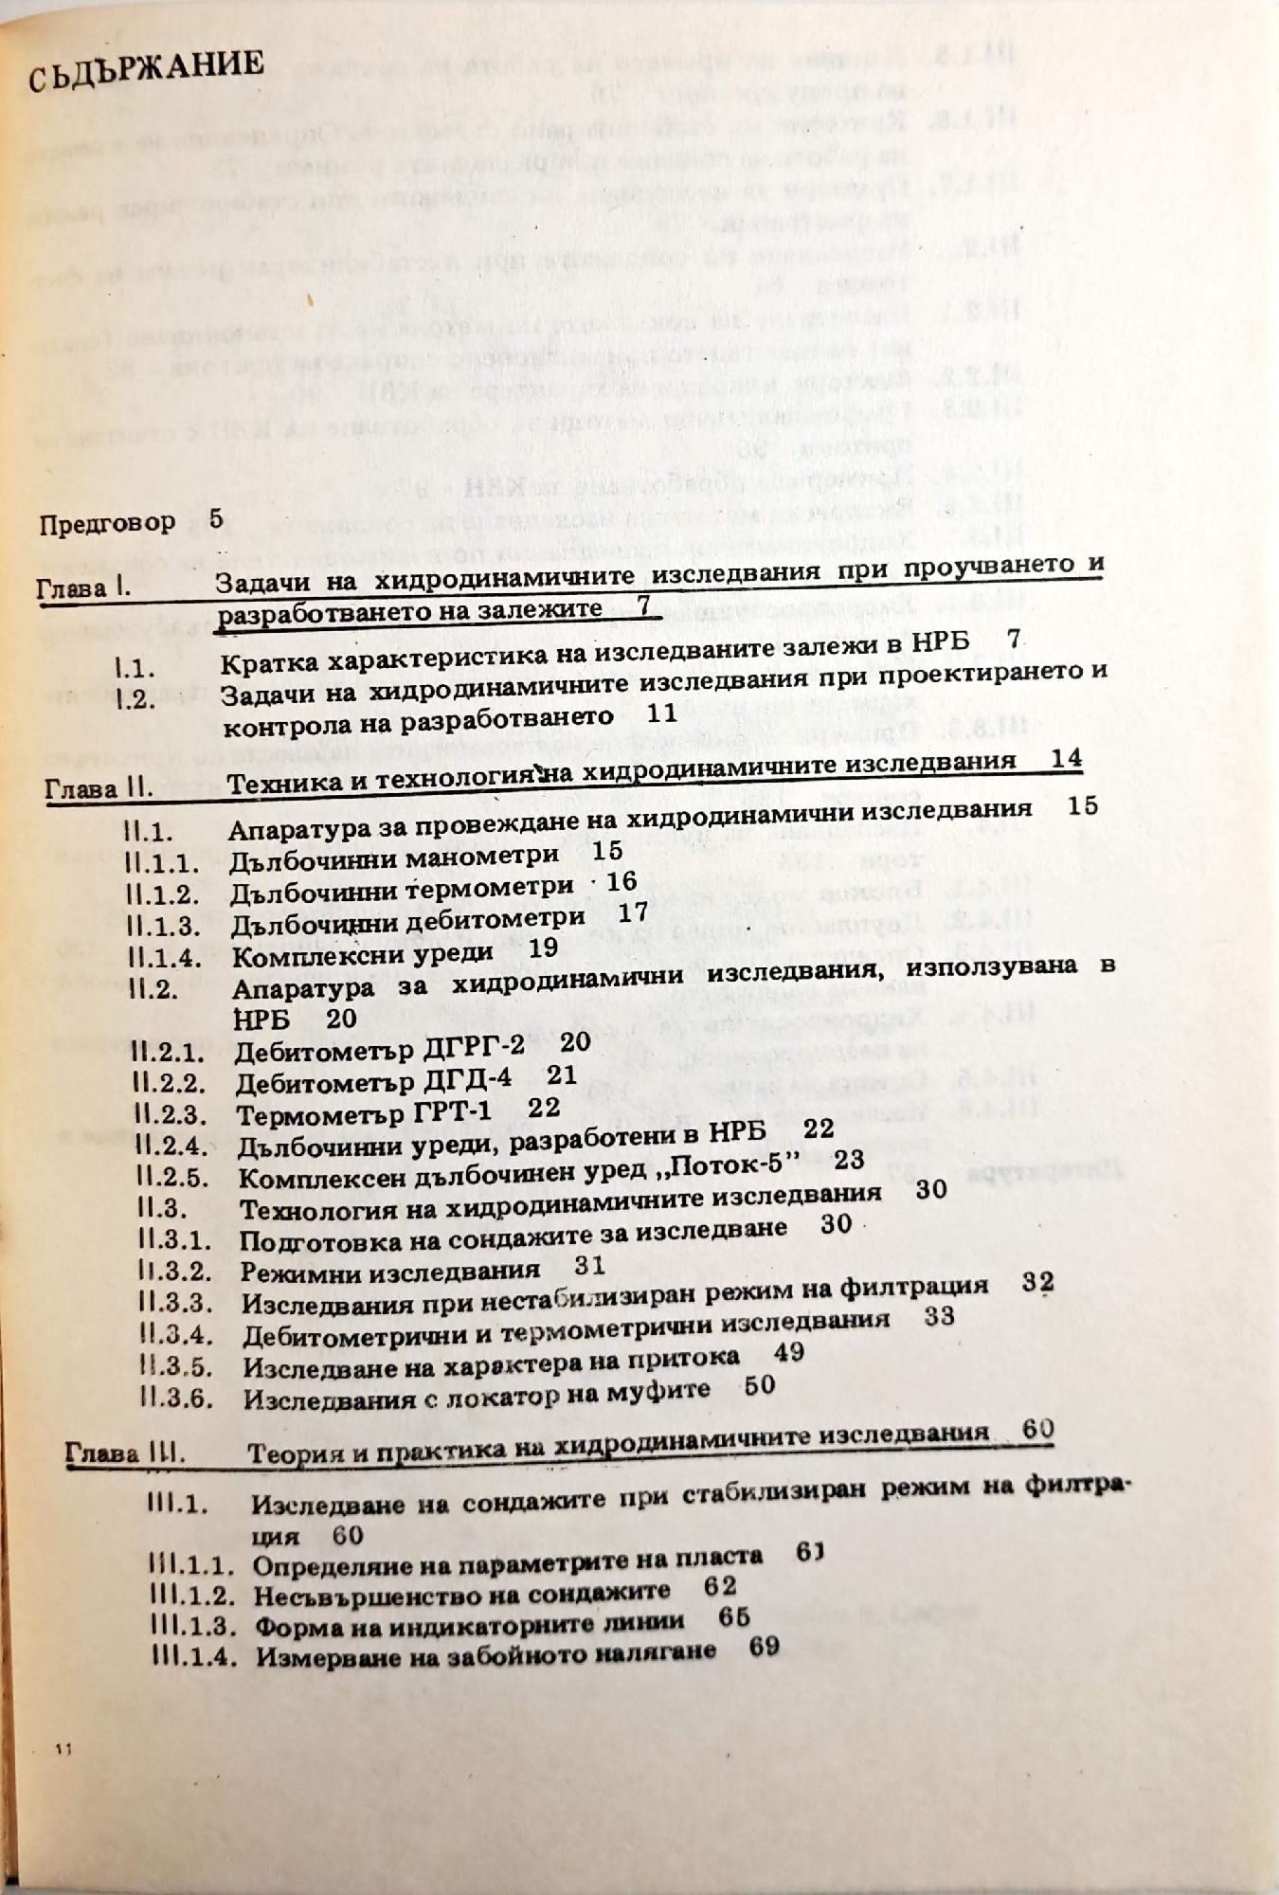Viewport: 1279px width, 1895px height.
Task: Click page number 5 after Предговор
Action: [x=215, y=519]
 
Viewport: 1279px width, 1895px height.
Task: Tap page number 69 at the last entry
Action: [x=763, y=1648]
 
